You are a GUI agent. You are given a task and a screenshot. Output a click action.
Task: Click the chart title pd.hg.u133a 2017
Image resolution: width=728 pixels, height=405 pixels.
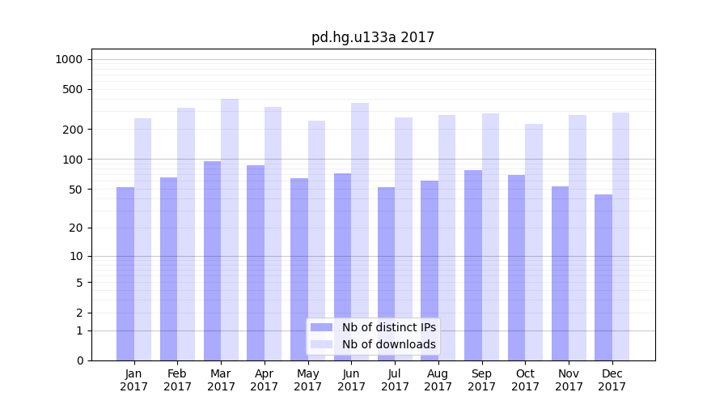click(373, 37)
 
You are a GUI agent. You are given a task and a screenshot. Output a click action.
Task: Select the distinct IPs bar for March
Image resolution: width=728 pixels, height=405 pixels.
click(212, 260)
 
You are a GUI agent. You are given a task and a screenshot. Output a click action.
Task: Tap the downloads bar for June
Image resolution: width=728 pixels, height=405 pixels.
click(360, 231)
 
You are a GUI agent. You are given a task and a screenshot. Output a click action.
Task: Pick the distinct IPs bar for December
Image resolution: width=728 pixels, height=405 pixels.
click(603, 277)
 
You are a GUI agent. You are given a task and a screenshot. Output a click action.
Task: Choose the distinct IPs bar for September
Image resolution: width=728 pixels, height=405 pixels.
click(473, 265)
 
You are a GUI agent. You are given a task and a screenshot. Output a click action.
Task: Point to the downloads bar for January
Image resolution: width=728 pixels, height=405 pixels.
click(143, 239)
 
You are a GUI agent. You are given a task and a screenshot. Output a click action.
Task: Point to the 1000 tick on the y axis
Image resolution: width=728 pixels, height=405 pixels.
click(69, 59)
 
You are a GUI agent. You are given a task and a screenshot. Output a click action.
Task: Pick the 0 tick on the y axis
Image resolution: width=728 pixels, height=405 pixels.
click(80, 360)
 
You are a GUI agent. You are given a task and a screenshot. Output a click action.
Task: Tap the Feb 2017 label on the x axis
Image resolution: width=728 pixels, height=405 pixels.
click(177, 380)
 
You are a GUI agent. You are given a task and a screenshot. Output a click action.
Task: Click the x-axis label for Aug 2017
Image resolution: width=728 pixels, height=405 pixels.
click(438, 380)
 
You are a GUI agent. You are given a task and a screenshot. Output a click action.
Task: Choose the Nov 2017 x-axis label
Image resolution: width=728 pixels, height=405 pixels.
click(569, 380)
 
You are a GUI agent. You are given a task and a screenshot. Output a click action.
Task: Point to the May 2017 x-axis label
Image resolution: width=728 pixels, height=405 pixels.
click(307, 380)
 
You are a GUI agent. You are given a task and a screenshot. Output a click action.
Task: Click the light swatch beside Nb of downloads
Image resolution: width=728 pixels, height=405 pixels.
click(321, 344)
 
